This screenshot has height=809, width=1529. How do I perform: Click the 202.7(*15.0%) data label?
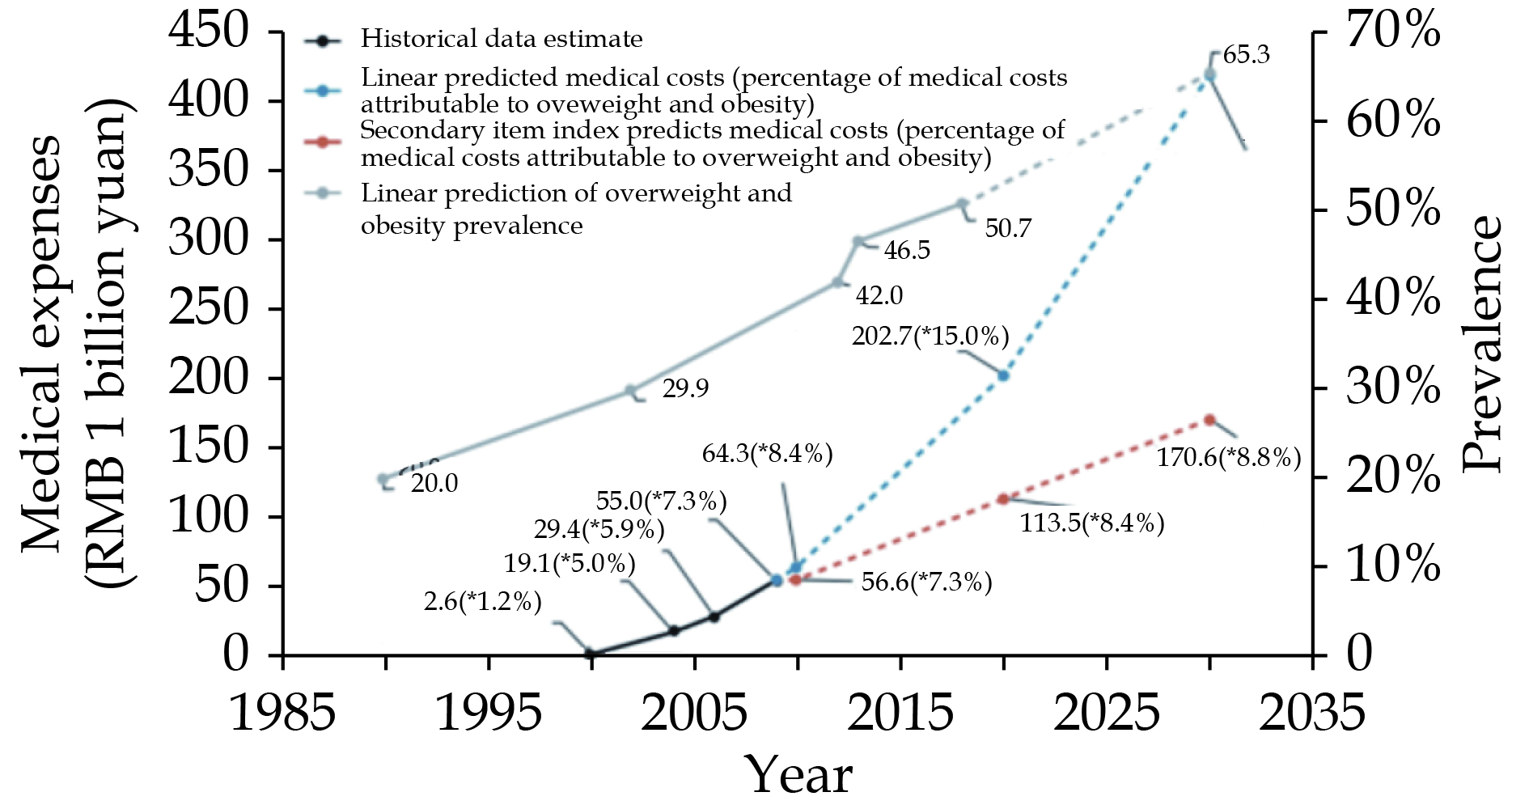click(930, 335)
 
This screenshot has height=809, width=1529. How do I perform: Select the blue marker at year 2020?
click(1003, 375)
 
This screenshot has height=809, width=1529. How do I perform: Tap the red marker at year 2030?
click(1209, 420)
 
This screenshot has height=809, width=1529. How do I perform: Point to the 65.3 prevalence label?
click(1247, 55)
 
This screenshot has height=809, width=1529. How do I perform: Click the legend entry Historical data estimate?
click(502, 39)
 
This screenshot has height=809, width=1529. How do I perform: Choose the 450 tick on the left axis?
click(207, 32)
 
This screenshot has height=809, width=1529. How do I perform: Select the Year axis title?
click(798, 775)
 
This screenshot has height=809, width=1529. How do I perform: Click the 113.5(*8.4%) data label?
click(1091, 523)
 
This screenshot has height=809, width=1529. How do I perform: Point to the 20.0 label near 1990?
click(434, 483)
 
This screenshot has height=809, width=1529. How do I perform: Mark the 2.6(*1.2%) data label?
click(482, 601)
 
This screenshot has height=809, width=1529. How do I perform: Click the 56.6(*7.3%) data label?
click(926, 582)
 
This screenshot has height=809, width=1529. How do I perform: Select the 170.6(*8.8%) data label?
click(1228, 457)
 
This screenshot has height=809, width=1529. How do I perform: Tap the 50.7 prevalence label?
click(1008, 228)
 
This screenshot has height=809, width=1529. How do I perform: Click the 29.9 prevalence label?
click(685, 388)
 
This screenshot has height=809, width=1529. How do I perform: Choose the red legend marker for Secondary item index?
click(322, 142)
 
